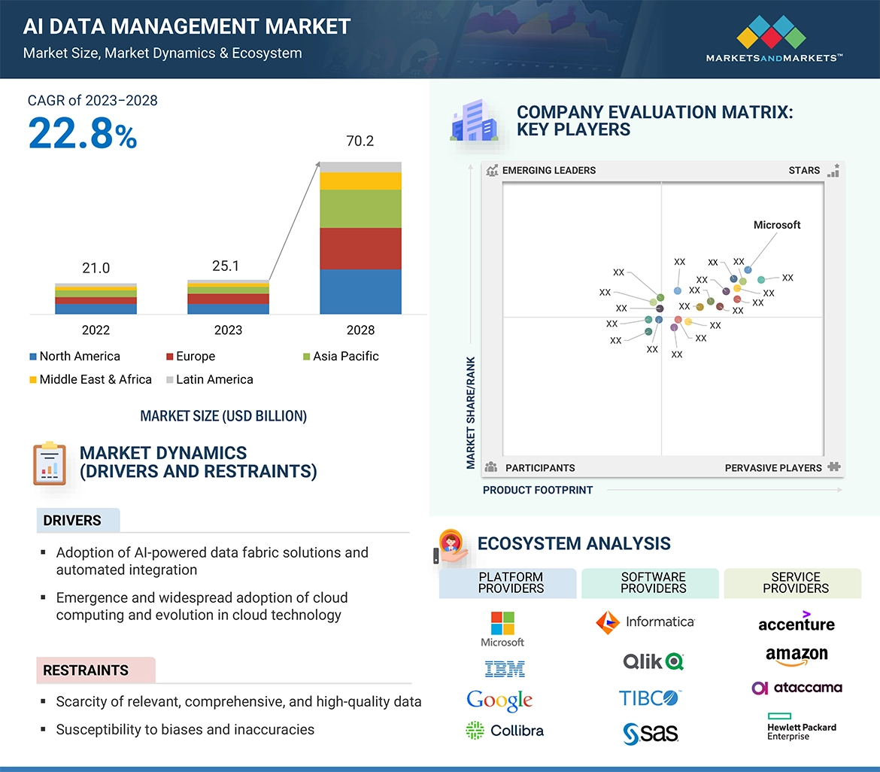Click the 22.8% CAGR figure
(x=83, y=135)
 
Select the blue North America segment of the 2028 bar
(x=360, y=291)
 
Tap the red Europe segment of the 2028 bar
(x=360, y=248)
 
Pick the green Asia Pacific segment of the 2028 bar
(x=360, y=208)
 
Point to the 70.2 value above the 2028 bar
(x=360, y=141)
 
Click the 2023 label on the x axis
(x=228, y=330)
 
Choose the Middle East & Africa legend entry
(x=90, y=379)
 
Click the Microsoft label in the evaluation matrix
(x=777, y=225)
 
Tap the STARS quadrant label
(x=804, y=170)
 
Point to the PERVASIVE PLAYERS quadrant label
(x=773, y=468)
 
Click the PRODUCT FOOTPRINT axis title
(x=538, y=490)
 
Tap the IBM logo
(x=505, y=668)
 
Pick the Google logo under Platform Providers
(x=499, y=701)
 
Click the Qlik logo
(x=653, y=661)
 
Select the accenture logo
(x=797, y=622)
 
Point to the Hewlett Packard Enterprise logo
(x=801, y=726)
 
